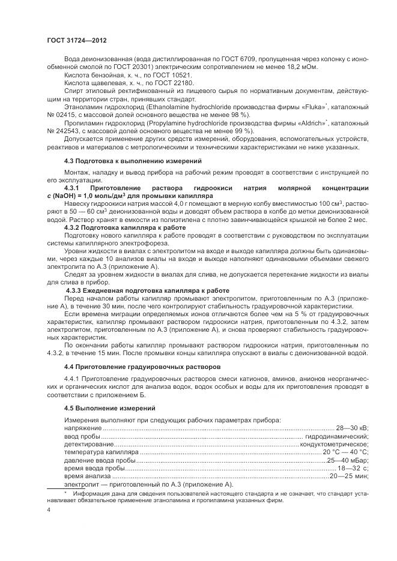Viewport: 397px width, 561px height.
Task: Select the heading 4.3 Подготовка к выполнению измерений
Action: point(129,161)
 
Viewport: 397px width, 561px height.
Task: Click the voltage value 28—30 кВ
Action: point(351,428)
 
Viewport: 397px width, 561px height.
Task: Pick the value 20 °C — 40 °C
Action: point(346,451)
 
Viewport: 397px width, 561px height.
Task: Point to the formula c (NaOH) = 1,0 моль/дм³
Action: point(105,196)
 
